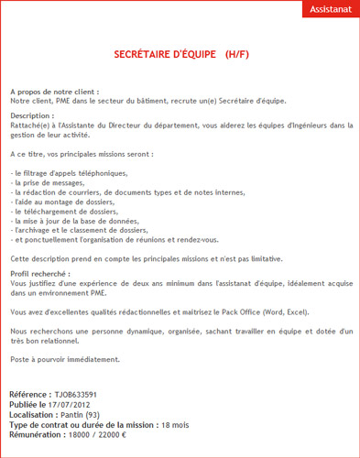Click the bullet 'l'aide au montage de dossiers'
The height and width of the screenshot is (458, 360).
(67, 205)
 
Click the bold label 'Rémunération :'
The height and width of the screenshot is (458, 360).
(41, 435)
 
